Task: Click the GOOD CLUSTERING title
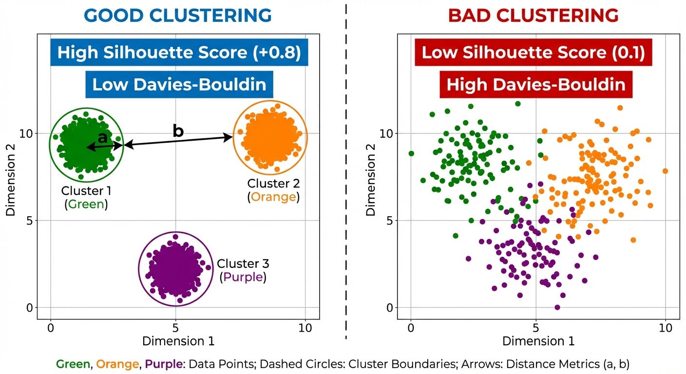(x=179, y=16)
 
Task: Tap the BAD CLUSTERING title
(x=533, y=16)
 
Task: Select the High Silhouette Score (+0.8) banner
(x=179, y=53)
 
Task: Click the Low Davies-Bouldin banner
(x=179, y=85)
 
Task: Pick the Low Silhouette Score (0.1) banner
(x=533, y=53)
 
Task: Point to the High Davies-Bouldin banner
(x=535, y=85)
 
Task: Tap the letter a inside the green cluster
(x=103, y=138)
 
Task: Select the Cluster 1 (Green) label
(x=86, y=197)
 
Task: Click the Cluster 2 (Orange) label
(x=273, y=190)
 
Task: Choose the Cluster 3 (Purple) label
(x=243, y=270)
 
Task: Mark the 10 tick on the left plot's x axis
(x=305, y=328)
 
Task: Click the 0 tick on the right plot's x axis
(x=411, y=328)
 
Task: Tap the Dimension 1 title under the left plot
(x=178, y=341)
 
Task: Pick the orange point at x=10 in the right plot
(x=665, y=171)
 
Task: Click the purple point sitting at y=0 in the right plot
(x=557, y=307)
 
